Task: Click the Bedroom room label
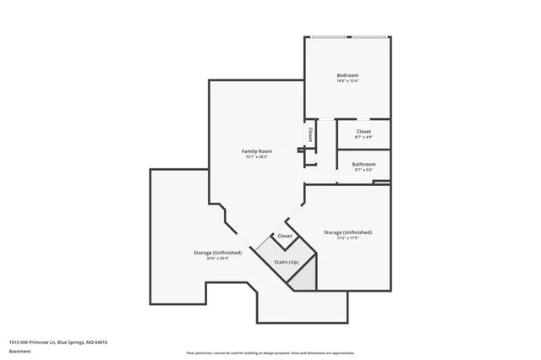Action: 347,75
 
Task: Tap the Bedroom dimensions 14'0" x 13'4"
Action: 347,82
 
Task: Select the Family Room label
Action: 256,150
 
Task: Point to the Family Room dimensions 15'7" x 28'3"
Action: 256,157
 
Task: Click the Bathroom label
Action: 363,164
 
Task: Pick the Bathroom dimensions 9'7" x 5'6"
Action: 363,170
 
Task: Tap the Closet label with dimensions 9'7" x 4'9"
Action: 363,132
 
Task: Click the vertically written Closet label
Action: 311,134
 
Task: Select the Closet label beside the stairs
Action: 285,236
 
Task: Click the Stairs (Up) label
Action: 286,263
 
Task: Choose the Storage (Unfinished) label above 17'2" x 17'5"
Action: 347,232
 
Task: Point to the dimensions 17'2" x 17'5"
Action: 347,238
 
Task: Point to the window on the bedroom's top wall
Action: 347,36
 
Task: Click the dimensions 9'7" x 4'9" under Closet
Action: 363,138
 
